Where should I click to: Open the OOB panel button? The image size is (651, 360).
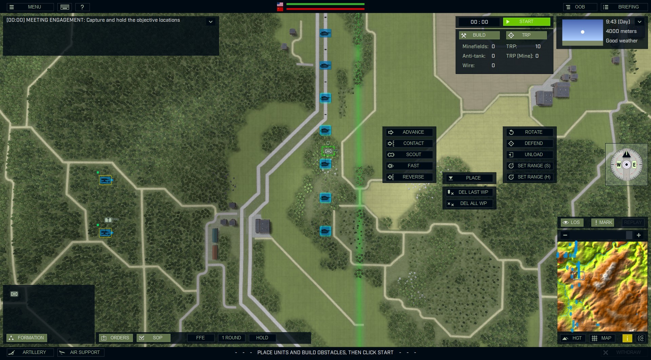[580, 7]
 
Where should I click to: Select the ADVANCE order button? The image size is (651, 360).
[409, 132]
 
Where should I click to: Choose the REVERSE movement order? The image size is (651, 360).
[409, 177]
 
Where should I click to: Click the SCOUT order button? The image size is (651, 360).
[409, 154]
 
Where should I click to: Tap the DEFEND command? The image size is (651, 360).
[530, 143]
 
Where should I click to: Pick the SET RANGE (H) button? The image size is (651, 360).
[530, 177]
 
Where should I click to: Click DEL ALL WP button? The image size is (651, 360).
[469, 203]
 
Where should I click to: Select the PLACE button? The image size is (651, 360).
[469, 178]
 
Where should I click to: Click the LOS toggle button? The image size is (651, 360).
[572, 222]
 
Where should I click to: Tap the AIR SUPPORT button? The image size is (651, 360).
[81, 352]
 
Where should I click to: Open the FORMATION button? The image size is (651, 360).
[27, 338]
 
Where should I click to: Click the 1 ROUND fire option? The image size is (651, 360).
[231, 338]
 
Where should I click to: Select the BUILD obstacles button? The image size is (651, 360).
[479, 35]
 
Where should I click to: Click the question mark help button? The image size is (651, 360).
[82, 7]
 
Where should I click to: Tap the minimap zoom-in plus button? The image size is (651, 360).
[638, 235]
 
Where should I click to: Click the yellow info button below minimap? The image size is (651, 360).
[627, 338]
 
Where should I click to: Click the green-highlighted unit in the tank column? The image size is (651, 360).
[328, 151]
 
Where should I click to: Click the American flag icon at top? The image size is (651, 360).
[280, 4]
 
